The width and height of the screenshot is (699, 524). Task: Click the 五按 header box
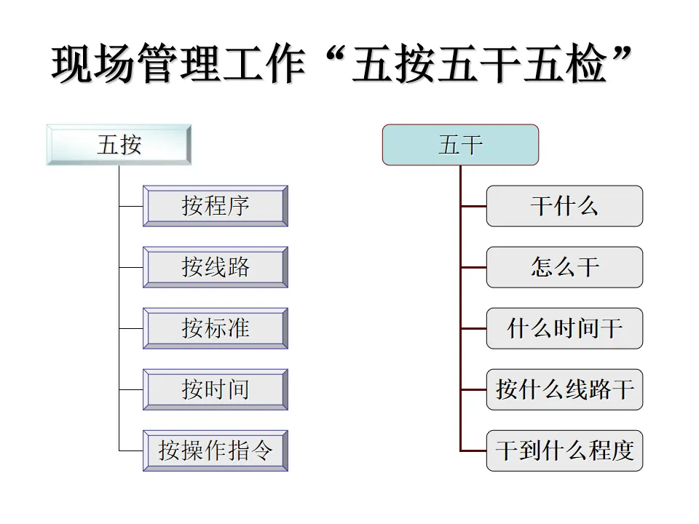tap(119, 145)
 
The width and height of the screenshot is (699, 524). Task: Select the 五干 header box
tap(460, 145)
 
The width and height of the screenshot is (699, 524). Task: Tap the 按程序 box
tap(216, 206)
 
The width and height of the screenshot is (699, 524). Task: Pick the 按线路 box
tap(216, 267)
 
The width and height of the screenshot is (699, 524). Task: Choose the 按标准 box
tap(216, 328)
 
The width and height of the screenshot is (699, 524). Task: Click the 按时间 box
tap(216, 389)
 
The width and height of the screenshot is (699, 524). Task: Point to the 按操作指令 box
tap(216, 450)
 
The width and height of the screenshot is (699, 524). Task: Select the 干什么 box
tap(564, 206)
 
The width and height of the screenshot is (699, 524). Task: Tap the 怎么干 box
tap(564, 267)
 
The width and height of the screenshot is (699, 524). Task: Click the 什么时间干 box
tap(564, 328)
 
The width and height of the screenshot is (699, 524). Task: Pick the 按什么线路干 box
tap(564, 389)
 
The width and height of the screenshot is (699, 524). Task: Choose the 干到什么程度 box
tap(564, 450)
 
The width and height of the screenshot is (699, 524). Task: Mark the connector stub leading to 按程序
tap(131, 206)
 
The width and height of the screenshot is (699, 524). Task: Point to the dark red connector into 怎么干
tap(473, 267)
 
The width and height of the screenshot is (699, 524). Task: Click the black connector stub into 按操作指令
tap(131, 450)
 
